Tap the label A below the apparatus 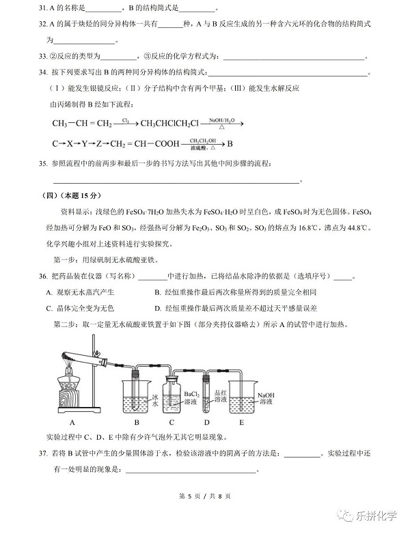coord(72,422)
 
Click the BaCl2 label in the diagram coord(192,395)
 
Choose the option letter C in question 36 coord(49,308)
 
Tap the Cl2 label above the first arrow coord(126,120)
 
